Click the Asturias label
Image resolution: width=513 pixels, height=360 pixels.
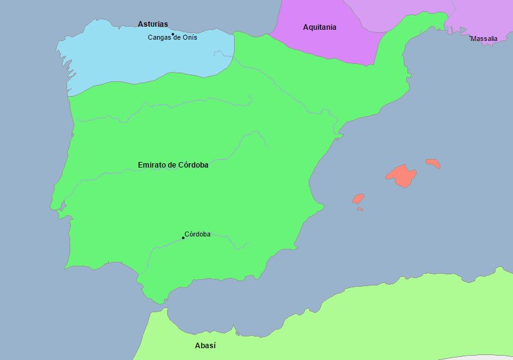(x=153, y=24)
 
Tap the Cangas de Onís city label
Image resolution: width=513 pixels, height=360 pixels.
(x=172, y=38)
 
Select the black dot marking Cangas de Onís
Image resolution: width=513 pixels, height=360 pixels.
(x=173, y=34)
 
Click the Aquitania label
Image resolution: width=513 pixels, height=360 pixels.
(x=319, y=27)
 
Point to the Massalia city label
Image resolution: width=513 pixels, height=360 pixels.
(x=484, y=38)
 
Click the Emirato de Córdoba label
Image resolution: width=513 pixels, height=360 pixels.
(x=173, y=165)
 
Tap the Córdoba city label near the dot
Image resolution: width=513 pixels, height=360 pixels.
(x=197, y=234)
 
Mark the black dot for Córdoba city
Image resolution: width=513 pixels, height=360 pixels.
(x=183, y=238)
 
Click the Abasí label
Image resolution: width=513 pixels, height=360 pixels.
(x=206, y=346)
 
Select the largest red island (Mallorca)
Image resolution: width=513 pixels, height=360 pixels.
(x=401, y=175)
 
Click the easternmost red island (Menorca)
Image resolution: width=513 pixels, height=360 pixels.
(x=433, y=163)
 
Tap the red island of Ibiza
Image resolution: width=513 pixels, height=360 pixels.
(x=358, y=199)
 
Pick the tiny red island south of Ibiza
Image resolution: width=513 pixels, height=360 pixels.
(x=360, y=209)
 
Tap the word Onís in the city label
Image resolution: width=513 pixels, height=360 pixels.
(x=189, y=38)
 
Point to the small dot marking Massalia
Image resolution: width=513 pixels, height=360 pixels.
(x=470, y=36)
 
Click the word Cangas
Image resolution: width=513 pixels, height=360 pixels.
(x=159, y=38)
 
